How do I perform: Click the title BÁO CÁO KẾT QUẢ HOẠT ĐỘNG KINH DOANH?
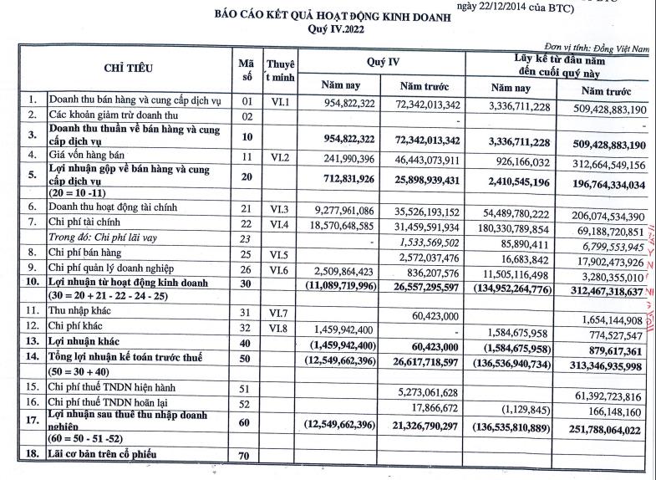(x=330, y=16)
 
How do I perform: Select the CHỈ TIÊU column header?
(x=128, y=68)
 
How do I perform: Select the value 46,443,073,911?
(x=425, y=156)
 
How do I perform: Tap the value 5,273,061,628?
(x=430, y=393)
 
